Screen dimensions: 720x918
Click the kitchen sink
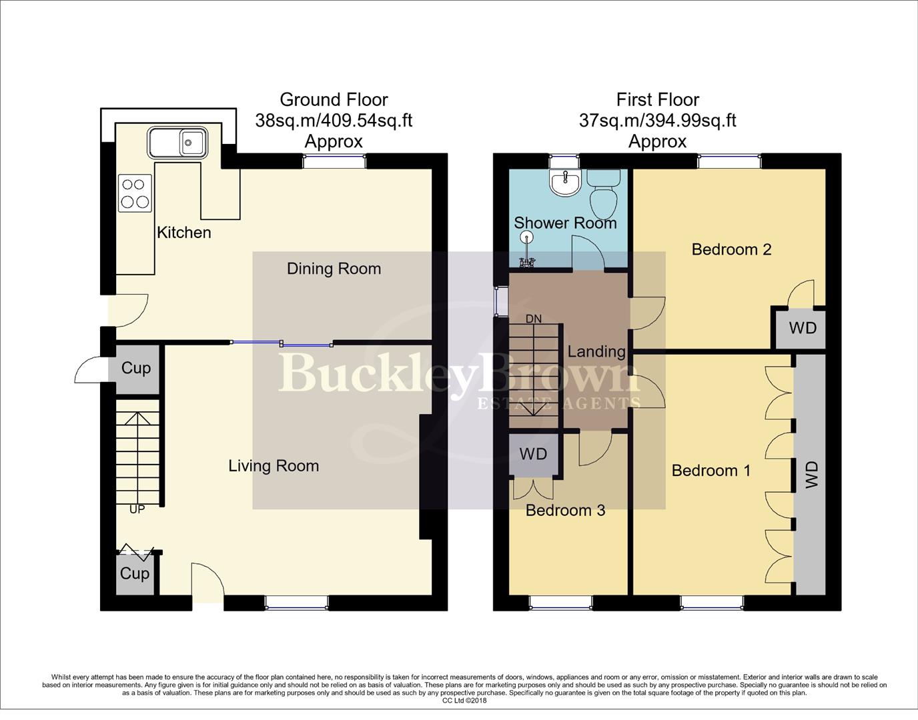pyautogui.click(x=178, y=142)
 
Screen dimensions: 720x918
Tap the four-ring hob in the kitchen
pyautogui.click(x=135, y=193)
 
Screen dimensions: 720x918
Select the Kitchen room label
pyautogui.click(x=183, y=233)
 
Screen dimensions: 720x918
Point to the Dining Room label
pyautogui.click(x=334, y=269)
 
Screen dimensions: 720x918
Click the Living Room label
pyautogui.click(x=274, y=466)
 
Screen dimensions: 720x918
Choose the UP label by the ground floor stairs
pyautogui.click(x=137, y=509)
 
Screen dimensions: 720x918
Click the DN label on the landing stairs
pyautogui.click(x=534, y=319)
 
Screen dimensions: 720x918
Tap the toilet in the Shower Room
pyautogui.click(x=605, y=188)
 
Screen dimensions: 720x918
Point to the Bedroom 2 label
pyautogui.click(x=731, y=249)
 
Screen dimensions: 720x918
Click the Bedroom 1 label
pyautogui.click(x=711, y=471)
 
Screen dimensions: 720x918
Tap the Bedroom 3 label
pyautogui.click(x=565, y=511)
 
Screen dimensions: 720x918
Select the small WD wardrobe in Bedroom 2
pyautogui.click(x=802, y=328)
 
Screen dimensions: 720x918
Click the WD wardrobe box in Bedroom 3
pyautogui.click(x=533, y=455)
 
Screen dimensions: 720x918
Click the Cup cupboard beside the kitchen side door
pyautogui.click(x=136, y=368)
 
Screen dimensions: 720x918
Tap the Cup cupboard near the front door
pyautogui.click(x=135, y=573)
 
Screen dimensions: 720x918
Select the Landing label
pyautogui.click(x=596, y=351)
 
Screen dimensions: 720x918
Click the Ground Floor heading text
pyautogui.click(x=334, y=100)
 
